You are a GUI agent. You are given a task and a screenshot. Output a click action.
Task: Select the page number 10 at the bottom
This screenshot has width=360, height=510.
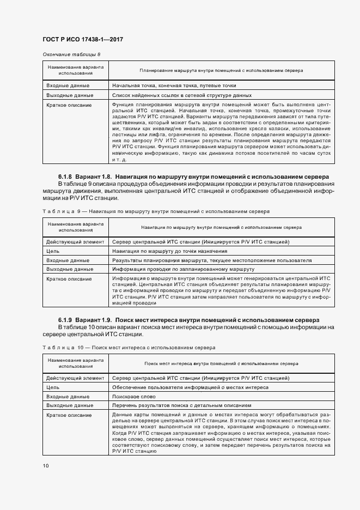[x=46, y=466]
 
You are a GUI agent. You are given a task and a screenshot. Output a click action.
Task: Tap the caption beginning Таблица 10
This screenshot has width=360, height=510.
[x=129, y=347]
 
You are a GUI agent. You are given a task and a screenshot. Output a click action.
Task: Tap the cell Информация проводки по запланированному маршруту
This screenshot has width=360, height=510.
[x=184, y=269]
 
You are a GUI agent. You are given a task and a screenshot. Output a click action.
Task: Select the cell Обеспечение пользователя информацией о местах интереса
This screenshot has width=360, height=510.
[x=190, y=387]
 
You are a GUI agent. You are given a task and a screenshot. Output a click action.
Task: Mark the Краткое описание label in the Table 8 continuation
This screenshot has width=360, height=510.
[x=69, y=105]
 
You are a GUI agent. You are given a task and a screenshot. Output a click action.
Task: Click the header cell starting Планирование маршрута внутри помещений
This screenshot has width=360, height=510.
[x=221, y=70]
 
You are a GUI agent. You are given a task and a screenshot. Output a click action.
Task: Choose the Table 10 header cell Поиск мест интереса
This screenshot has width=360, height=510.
[x=221, y=363]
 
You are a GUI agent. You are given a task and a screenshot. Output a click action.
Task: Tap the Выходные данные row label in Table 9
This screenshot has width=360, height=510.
[x=70, y=269]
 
